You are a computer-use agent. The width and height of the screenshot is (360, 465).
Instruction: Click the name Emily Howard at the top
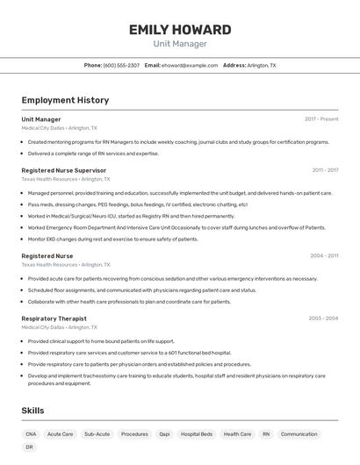point(180,30)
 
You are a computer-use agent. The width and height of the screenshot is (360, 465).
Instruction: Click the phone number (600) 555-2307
point(121,65)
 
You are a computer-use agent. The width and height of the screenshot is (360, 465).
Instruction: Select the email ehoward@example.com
point(190,65)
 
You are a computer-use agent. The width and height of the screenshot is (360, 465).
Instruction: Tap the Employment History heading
point(65,100)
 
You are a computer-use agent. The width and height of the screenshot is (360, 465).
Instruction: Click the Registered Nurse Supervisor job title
point(64,170)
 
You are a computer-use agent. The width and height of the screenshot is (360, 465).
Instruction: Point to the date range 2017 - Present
point(321,119)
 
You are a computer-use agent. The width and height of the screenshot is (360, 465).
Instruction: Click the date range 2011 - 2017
point(325,170)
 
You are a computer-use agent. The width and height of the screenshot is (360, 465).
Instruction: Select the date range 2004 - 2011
point(324,256)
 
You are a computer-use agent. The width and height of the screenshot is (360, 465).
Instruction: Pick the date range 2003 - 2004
point(323,318)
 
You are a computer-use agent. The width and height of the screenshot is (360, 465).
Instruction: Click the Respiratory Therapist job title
point(54,318)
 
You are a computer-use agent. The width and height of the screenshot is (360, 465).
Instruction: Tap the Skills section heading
point(32,411)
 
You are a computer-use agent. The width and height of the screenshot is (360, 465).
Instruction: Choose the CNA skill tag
point(31,433)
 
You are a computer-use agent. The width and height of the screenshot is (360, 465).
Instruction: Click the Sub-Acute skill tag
point(97,433)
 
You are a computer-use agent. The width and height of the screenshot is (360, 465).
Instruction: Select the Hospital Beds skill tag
point(197,433)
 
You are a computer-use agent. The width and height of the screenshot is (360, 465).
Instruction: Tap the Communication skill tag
point(299,433)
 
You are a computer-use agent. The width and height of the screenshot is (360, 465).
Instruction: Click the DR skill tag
point(29,447)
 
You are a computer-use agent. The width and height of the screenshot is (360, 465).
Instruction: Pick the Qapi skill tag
point(164,433)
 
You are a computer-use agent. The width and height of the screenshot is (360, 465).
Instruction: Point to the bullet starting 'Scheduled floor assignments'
point(141,290)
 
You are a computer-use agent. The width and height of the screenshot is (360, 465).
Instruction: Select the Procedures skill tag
point(134,433)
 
